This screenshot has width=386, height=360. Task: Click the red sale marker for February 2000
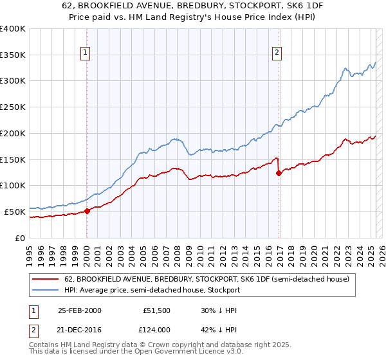click(x=87, y=211)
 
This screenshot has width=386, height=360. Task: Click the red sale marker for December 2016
click(x=279, y=173)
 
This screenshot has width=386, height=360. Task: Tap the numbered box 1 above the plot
click(x=86, y=53)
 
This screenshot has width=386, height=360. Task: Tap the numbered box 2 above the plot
click(x=277, y=53)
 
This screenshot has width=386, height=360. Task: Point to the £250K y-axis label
click(x=13, y=107)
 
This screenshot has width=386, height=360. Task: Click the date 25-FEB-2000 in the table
click(x=79, y=310)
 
